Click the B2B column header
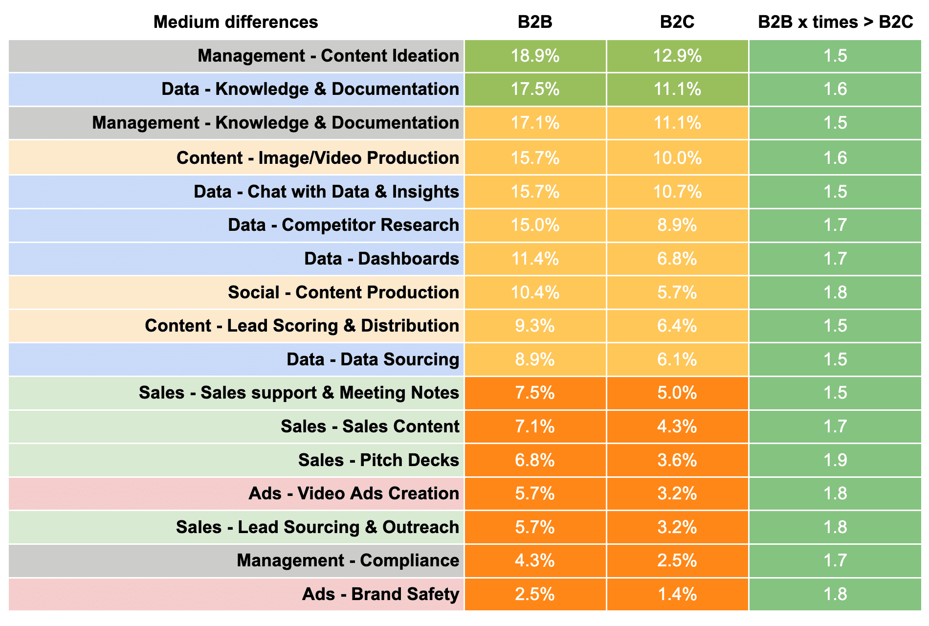pyautogui.click(x=535, y=22)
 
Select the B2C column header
pyautogui.click(x=677, y=22)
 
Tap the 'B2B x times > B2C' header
pyautogui.click(x=835, y=22)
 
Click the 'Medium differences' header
pyautogui.click(x=236, y=22)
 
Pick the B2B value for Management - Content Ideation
pyautogui.click(x=535, y=56)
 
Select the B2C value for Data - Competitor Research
pyautogui.click(x=677, y=225)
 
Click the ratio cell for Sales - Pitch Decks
pyautogui.click(x=835, y=460)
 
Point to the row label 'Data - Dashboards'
pyautogui.click(x=381, y=259)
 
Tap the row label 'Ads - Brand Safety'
pyautogui.click(x=380, y=594)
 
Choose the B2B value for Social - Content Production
pyautogui.click(x=535, y=292)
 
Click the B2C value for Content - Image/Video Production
pyautogui.click(x=677, y=158)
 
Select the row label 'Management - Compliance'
pyautogui.click(x=348, y=560)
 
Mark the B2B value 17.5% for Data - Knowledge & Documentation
pyautogui.click(x=535, y=89)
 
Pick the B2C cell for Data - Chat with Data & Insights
pyautogui.click(x=677, y=192)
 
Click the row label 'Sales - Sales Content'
pyautogui.click(x=370, y=426)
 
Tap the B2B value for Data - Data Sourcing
pyautogui.click(x=535, y=359)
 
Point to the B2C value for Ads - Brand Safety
pyautogui.click(x=677, y=594)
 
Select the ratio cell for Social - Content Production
pyautogui.click(x=835, y=292)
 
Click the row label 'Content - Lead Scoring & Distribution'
pyautogui.click(x=302, y=326)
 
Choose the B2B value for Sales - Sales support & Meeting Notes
pyautogui.click(x=535, y=393)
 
